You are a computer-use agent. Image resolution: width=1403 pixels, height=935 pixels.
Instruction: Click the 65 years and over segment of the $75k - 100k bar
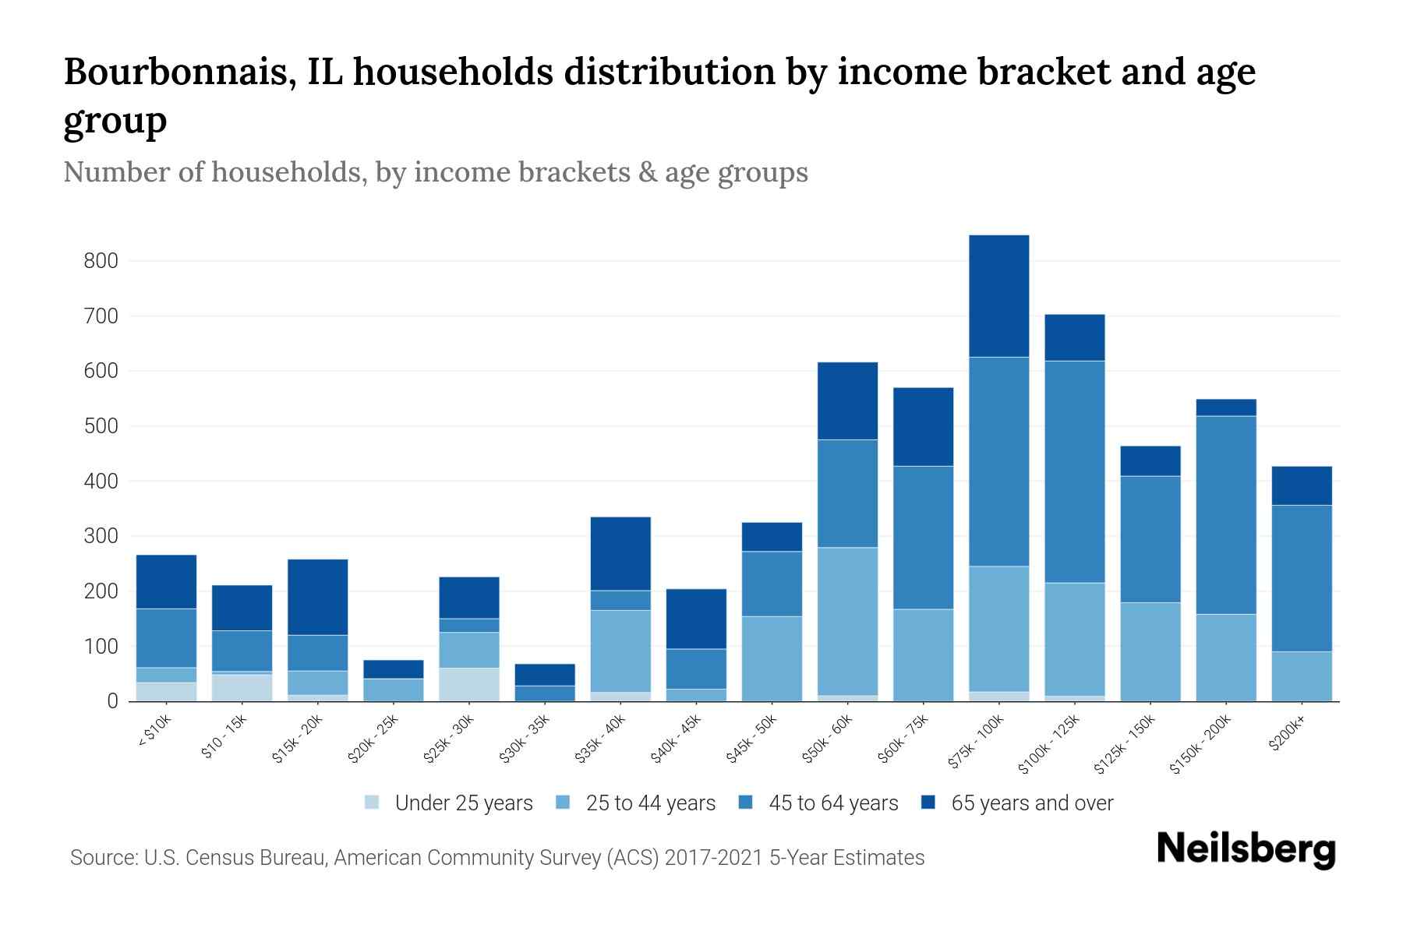[998, 296]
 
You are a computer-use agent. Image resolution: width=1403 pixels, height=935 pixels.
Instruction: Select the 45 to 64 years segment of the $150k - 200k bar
[1225, 515]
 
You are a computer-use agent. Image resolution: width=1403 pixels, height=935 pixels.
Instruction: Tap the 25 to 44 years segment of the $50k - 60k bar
[847, 621]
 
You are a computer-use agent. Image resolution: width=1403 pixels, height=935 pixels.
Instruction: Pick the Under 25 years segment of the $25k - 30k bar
[469, 684]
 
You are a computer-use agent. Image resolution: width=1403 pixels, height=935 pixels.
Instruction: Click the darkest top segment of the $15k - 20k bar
[317, 597]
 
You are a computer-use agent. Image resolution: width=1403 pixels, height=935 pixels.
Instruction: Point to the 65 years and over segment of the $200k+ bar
[1301, 485]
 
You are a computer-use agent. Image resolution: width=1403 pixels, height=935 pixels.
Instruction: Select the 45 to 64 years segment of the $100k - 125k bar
[1074, 471]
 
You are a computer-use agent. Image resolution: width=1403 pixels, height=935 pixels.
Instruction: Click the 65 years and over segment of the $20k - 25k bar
[393, 669]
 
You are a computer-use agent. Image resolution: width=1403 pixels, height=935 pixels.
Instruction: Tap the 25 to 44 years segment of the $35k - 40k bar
[620, 651]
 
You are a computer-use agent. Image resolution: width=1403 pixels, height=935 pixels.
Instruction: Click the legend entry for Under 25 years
[463, 803]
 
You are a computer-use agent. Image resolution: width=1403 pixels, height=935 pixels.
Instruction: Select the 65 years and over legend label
[1031, 803]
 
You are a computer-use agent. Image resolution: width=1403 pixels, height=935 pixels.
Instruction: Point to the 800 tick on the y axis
[101, 261]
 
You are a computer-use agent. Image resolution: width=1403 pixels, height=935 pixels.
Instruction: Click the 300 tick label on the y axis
[101, 537]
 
